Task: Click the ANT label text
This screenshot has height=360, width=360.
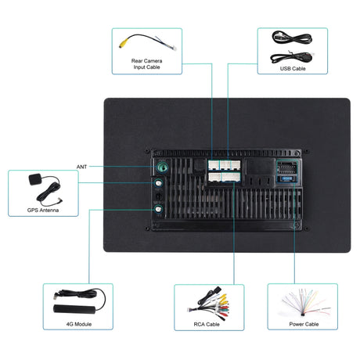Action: [81, 167]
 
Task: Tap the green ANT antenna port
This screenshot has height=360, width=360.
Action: [162, 167]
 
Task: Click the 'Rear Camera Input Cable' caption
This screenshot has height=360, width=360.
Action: [146, 64]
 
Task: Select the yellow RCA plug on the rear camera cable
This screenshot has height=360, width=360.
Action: [122, 44]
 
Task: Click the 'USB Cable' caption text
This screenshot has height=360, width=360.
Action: [293, 69]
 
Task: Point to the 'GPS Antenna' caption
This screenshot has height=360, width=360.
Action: [43, 211]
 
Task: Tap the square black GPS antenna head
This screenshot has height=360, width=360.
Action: [34, 179]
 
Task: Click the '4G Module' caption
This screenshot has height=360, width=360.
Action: [79, 324]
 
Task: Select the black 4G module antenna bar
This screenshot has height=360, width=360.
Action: [74, 309]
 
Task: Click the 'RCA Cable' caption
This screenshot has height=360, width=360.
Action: [207, 324]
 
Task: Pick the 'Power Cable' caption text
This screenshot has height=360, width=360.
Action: [304, 324]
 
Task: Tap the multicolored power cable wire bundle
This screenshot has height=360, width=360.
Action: [305, 303]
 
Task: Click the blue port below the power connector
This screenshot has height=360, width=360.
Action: [287, 178]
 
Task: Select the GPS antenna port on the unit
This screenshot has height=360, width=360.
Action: [158, 183]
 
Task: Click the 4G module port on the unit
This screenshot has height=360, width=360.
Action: [158, 209]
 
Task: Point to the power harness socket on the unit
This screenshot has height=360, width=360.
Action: [287, 167]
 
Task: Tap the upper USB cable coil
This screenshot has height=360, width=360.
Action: [292, 38]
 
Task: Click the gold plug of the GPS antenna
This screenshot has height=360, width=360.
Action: [60, 201]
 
